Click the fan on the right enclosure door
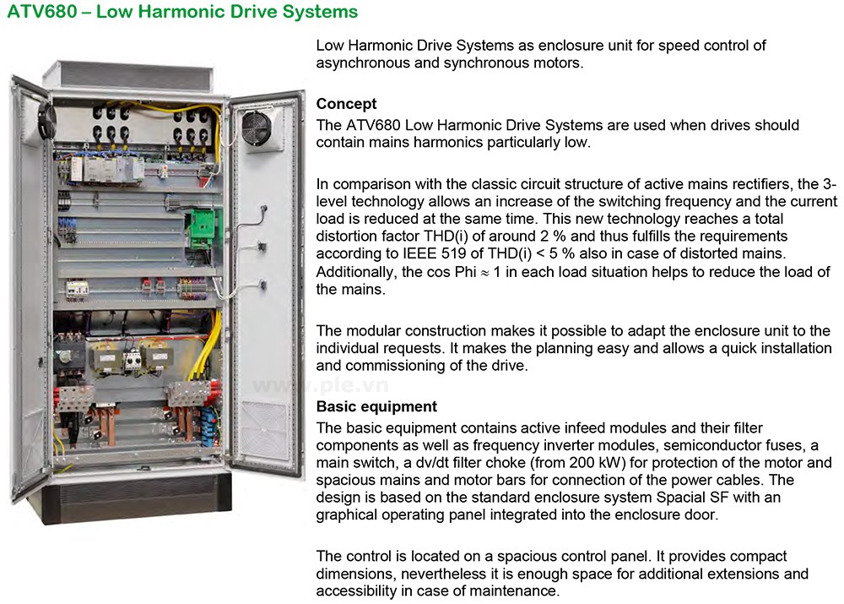pos(257,128)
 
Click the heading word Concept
pos(346,103)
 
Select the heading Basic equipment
pos(376,406)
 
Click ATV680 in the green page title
pos(42,11)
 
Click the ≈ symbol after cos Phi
pos(484,273)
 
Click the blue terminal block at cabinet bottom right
pos(208,427)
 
